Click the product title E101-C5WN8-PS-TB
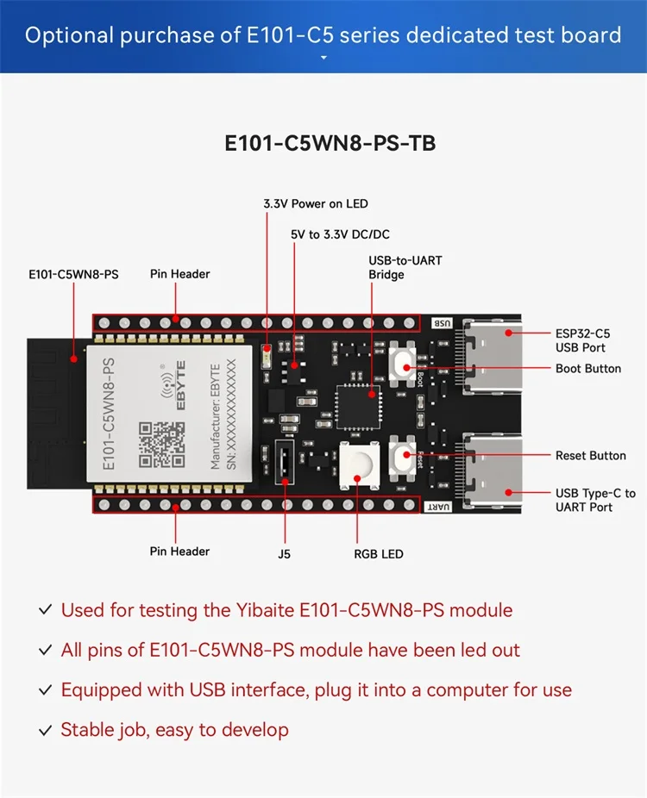coord(330,143)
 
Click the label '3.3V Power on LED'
coord(316,204)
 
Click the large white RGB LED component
coord(360,466)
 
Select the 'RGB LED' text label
coord(379,554)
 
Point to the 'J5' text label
coord(284,554)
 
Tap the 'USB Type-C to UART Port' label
coord(595,500)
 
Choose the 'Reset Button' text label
coord(590,455)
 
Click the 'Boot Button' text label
coord(588,369)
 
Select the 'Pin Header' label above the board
coord(179,274)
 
